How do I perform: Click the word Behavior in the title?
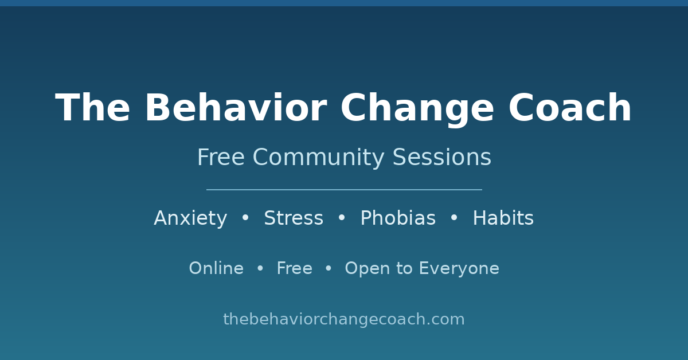point(236,108)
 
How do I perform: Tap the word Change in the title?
point(417,109)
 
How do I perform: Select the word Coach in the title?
point(570,108)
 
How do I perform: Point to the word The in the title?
point(92,108)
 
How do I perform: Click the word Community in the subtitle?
point(319,158)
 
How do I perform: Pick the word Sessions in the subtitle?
point(442,157)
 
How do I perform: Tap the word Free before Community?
point(221,157)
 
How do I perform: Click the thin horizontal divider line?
point(344,190)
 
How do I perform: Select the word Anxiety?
point(190,218)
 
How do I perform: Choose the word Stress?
point(294,218)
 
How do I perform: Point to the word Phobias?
point(398,218)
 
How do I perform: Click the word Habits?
point(503,218)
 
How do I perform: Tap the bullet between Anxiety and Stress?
point(245,217)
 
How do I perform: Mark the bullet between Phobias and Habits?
point(454,217)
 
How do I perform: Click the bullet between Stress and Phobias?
point(342,217)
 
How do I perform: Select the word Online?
point(216,268)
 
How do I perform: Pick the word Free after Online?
point(295,268)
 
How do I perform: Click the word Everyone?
point(459,268)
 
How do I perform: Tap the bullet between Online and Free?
point(260,268)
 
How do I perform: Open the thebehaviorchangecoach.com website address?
point(344,319)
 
